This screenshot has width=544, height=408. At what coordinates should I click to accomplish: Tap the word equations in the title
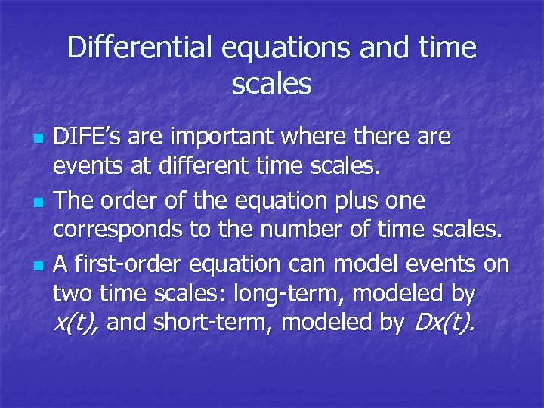click(288, 48)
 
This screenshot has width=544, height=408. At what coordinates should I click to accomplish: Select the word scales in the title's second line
click(272, 84)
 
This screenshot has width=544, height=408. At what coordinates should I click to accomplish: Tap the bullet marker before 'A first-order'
click(39, 267)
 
